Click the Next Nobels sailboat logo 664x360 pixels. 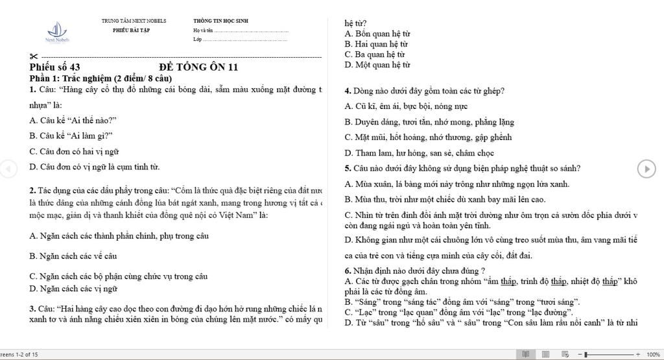pos(57,30)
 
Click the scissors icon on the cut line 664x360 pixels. pos(34,58)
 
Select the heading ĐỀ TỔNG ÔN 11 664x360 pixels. pos(198,67)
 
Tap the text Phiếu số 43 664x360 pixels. pos(55,67)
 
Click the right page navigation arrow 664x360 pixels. pos(646,169)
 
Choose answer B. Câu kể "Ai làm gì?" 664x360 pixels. pos(71,136)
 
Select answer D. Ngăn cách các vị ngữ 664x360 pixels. pos(73,288)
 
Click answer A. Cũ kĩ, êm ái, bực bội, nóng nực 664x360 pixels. pos(406,106)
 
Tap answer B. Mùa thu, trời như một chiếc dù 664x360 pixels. pos(445,199)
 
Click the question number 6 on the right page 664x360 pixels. pos(348,270)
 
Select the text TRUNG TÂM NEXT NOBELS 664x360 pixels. pos(134,21)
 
